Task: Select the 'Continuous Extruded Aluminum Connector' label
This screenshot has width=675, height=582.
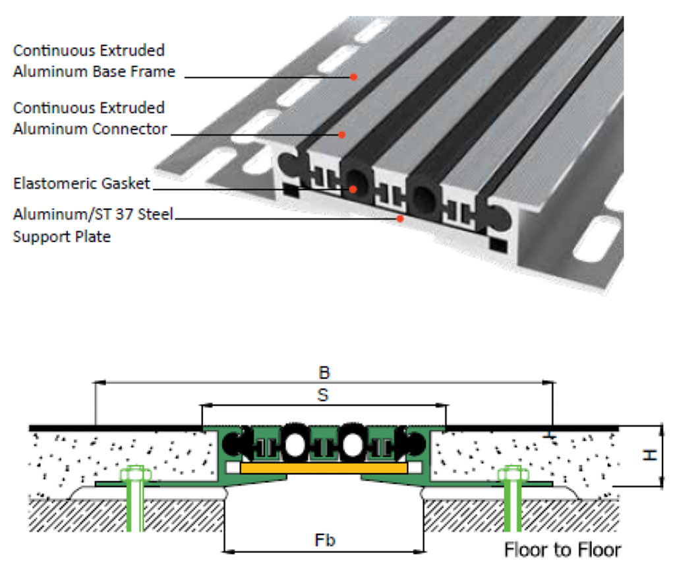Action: pyautogui.click(x=90, y=118)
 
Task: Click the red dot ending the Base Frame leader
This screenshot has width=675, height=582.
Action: pyautogui.click(x=353, y=77)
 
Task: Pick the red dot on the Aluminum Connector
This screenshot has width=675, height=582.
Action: pyautogui.click(x=342, y=135)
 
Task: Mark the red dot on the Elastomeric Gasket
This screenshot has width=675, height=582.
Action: pyautogui.click(x=353, y=189)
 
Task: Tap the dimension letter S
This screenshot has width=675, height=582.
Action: pyautogui.click(x=324, y=395)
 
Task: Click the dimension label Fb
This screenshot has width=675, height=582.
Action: pyautogui.click(x=324, y=540)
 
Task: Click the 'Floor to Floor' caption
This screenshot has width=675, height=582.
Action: pyautogui.click(x=562, y=549)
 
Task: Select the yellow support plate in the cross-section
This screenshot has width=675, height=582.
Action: pyautogui.click(x=323, y=467)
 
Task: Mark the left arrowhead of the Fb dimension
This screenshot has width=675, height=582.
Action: pyautogui.click(x=227, y=549)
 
